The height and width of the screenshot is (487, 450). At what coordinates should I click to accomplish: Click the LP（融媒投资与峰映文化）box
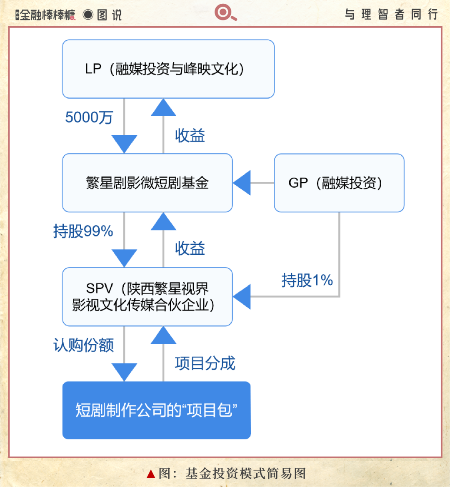point(168,69)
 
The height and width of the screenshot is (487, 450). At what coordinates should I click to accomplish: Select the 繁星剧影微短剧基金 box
point(147,183)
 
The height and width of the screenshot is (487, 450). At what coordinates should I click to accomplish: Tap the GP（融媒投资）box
point(339,183)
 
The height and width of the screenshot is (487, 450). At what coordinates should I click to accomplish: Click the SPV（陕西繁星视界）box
point(147,297)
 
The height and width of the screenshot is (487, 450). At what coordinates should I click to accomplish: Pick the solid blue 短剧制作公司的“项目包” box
point(156,410)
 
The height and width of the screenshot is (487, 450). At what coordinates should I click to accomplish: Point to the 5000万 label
point(89,117)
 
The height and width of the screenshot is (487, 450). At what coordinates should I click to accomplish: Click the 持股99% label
point(83,231)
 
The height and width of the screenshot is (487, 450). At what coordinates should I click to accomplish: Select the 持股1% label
point(307,280)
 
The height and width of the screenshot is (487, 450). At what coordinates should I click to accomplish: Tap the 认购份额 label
point(84,345)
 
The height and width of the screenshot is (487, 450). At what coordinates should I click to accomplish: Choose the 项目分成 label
point(205,363)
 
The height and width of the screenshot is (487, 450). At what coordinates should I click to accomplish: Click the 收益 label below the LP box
point(190,135)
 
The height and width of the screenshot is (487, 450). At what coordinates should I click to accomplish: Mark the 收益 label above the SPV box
point(190,248)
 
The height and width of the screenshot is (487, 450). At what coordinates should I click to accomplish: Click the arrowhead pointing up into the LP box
point(164,107)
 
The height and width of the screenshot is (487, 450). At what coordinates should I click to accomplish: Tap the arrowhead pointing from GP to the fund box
point(242,183)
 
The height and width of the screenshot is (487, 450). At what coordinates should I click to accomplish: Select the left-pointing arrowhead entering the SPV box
point(242,297)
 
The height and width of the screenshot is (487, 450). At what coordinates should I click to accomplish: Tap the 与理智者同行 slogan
point(392,14)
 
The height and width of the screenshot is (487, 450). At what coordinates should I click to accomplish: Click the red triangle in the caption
point(151,474)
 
